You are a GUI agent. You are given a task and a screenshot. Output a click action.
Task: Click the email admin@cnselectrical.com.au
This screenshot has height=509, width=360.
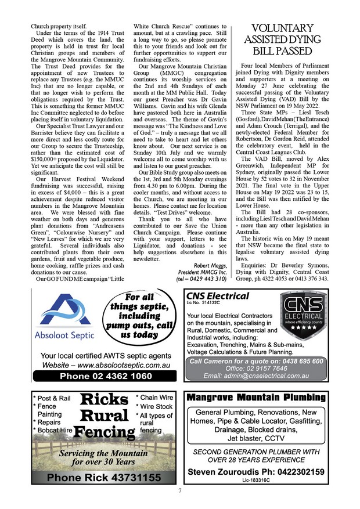pos(256,376)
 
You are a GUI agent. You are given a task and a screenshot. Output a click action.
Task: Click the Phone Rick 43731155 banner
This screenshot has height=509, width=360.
pos(105,477)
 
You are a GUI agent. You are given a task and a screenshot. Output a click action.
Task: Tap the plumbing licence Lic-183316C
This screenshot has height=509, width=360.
pos(255,481)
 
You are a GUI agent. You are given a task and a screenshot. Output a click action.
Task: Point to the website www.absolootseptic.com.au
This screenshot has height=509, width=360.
pos(106,365)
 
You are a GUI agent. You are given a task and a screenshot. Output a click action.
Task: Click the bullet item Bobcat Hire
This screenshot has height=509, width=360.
pos(53,430)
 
